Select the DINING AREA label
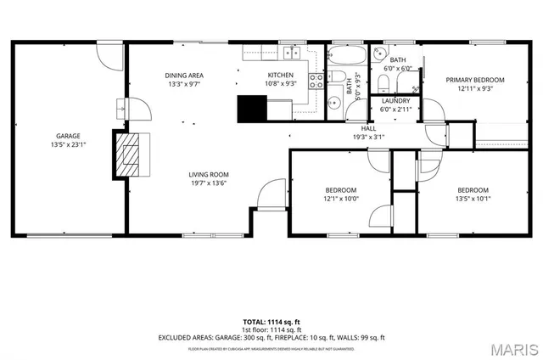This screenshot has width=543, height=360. point(182,76)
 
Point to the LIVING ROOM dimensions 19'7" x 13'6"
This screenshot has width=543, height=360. point(207,183)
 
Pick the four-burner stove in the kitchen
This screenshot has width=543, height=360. point(316,82)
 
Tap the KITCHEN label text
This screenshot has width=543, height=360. point(280,76)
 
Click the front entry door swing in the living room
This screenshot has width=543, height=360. point(272,194)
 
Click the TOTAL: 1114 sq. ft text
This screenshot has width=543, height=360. point(271,323)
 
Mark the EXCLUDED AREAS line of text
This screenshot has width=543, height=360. point(271,337)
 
